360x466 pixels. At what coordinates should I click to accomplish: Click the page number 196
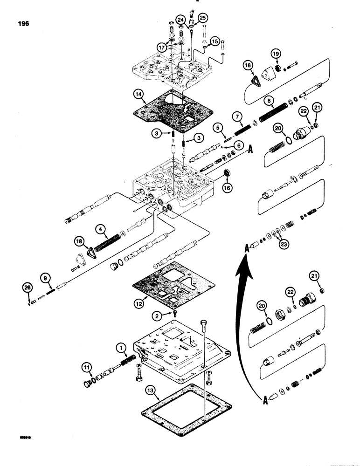pyautogui.click(x=22, y=24)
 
